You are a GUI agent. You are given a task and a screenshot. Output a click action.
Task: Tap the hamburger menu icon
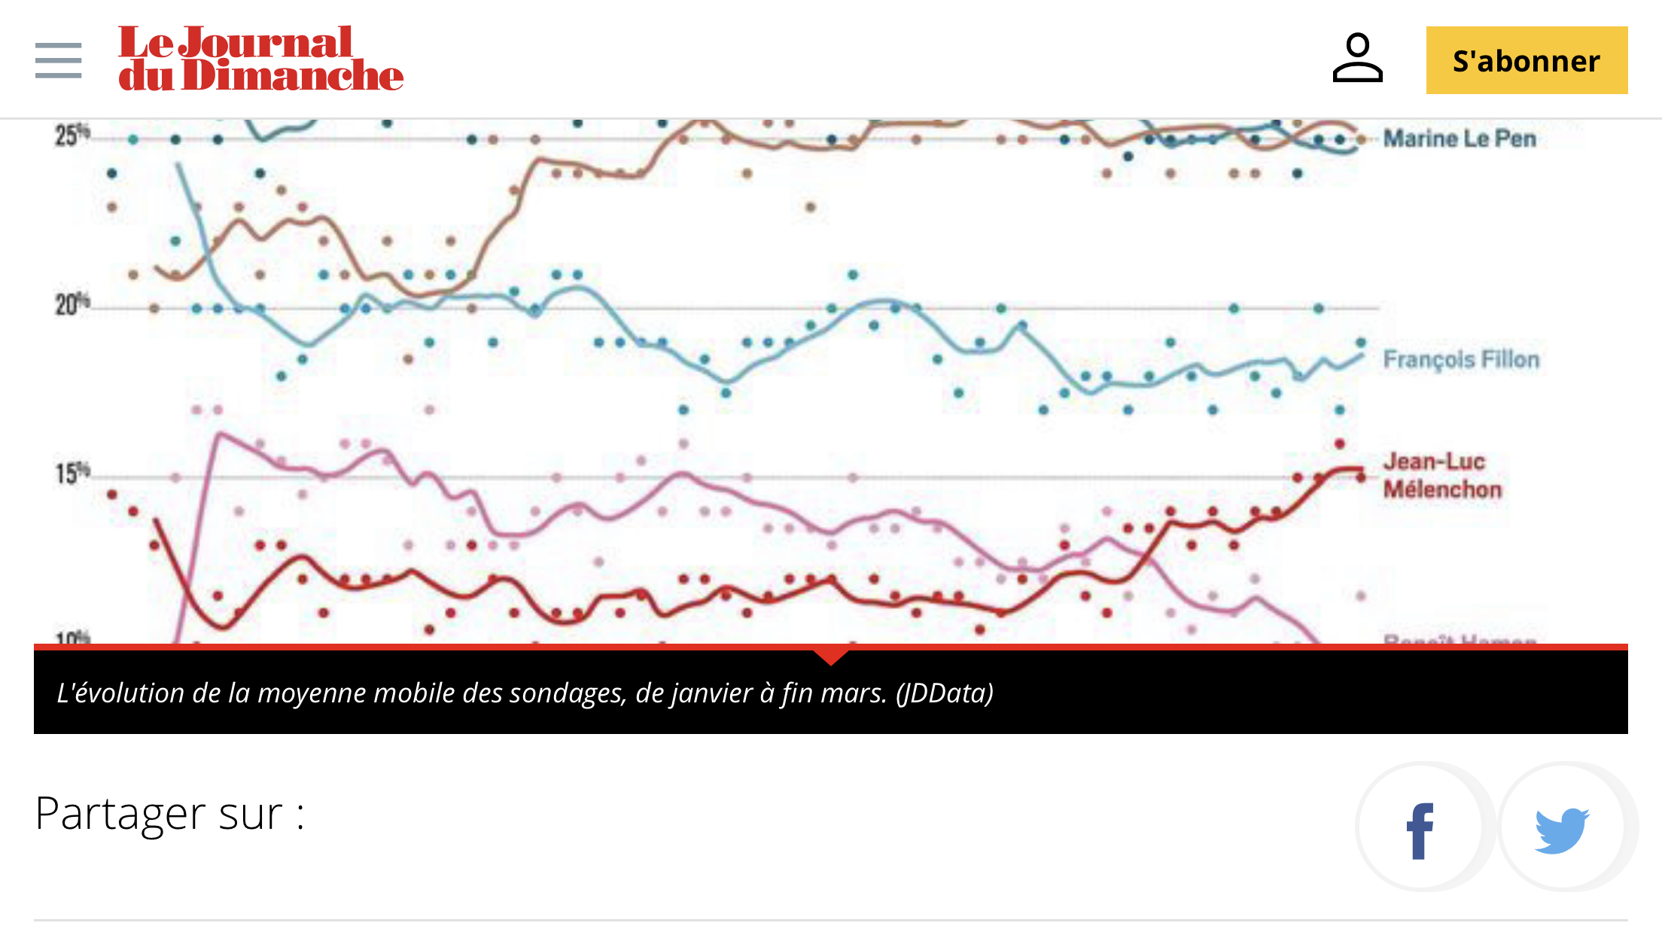[x=58, y=60]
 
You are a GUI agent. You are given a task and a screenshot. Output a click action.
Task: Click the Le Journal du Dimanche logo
[x=260, y=59]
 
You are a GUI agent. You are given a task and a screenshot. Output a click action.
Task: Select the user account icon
[x=1357, y=58]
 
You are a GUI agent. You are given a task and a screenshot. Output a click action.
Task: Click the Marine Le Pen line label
[x=1459, y=139]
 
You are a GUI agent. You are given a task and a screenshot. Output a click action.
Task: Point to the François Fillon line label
[x=1460, y=359]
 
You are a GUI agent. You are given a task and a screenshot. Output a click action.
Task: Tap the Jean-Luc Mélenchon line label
[x=1441, y=475]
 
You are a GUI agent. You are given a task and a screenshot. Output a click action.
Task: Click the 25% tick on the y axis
[x=72, y=136]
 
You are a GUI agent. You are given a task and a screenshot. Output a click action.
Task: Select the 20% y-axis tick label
[x=72, y=305]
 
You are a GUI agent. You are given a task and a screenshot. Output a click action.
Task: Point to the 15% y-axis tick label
[x=72, y=474]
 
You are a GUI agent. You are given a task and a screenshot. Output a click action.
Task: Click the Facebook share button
[x=1420, y=828]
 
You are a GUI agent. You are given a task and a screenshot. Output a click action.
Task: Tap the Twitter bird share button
[x=1563, y=828]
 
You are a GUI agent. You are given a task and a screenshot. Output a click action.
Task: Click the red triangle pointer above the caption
[x=831, y=656]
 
